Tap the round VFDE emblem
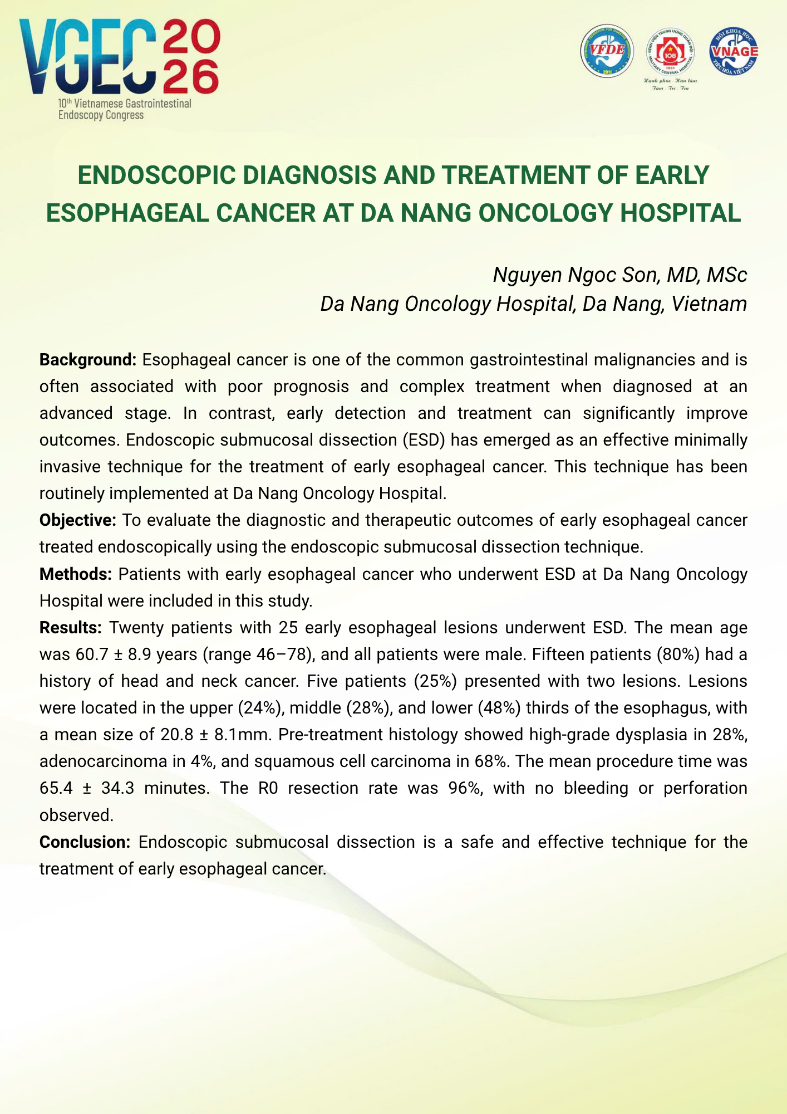click(x=607, y=51)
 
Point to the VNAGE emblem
click(x=734, y=51)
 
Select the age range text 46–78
click(x=286, y=654)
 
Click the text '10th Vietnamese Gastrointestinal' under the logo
click(x=125, y=104)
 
